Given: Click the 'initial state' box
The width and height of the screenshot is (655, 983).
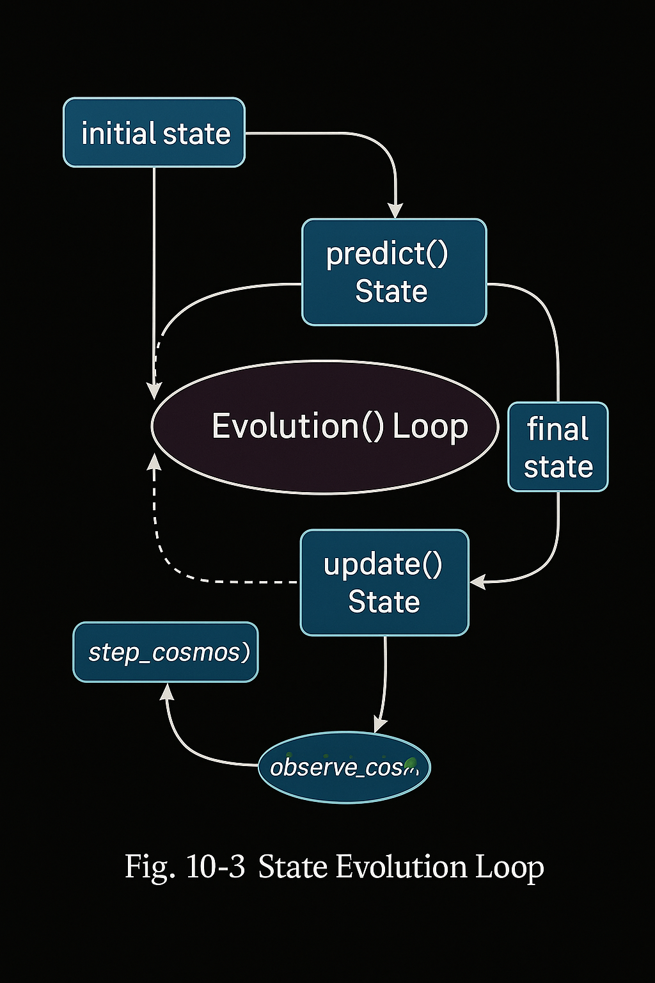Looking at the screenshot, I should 154,132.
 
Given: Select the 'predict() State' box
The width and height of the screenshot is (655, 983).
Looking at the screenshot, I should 394,272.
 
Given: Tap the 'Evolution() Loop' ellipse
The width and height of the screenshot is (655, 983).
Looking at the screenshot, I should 324,427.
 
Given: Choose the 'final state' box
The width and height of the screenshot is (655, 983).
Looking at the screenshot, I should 558,447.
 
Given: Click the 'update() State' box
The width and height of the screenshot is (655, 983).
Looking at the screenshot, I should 384,582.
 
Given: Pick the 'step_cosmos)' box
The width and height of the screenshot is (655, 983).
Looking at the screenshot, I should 166,652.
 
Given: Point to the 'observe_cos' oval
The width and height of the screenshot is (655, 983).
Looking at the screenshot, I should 344,767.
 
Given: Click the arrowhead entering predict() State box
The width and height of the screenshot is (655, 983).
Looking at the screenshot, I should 396,211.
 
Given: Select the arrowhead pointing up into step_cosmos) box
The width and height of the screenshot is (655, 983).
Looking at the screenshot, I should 167,691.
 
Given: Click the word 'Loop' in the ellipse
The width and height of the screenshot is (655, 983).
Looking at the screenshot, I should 430,427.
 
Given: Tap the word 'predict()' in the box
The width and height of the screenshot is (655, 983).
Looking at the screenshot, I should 387,254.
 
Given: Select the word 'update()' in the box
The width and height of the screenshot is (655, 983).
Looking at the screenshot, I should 383,564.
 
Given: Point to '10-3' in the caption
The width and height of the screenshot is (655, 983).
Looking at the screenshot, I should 215,867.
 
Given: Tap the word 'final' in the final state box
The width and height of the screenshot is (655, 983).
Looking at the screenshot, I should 558,429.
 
